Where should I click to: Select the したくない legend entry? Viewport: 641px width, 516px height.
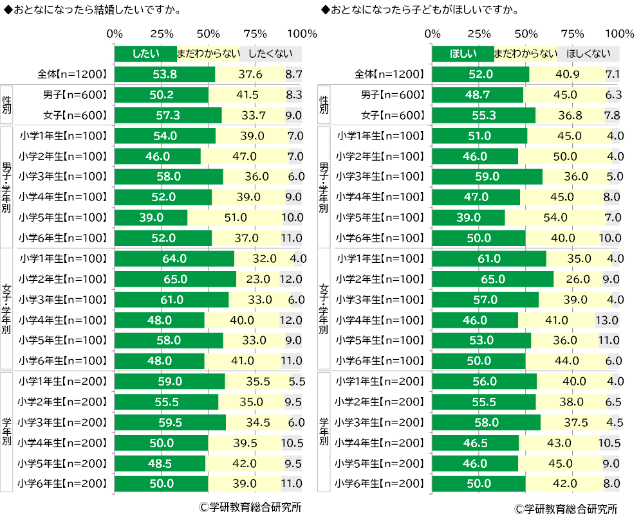point(270,54)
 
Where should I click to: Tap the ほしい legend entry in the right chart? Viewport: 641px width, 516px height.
point(461,54)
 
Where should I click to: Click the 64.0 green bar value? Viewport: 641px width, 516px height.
point(174,259)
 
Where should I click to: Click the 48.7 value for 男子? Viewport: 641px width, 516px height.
point(477,95)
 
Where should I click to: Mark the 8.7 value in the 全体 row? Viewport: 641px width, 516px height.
point(293,75)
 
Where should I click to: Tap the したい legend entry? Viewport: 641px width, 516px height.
point(145,54)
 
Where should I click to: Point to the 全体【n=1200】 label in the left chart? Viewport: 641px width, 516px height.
point(72,75)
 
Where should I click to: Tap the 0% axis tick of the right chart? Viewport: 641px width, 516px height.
point(433,33)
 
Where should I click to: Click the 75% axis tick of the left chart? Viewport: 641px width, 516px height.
point(255,33)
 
